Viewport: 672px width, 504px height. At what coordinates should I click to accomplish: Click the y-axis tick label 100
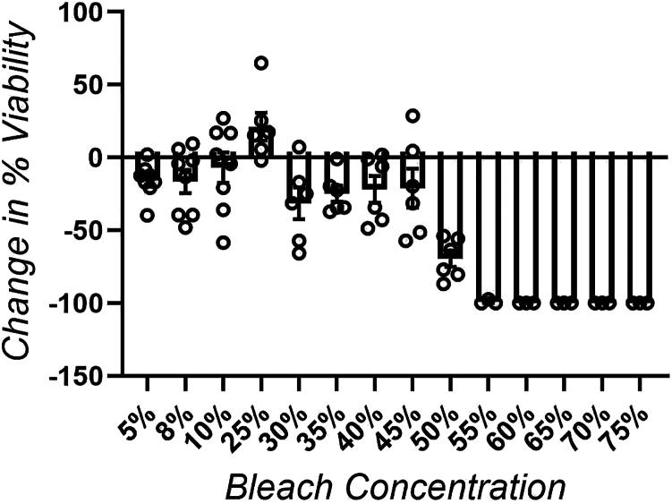(87, 13)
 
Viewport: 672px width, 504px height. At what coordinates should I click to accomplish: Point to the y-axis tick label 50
(93, 86)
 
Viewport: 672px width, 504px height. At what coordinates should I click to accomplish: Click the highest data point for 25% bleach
(261, 63)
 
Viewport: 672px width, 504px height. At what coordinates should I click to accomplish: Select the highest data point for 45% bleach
(413, 115)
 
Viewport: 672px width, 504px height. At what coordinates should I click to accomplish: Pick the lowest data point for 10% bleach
(222, 243)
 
